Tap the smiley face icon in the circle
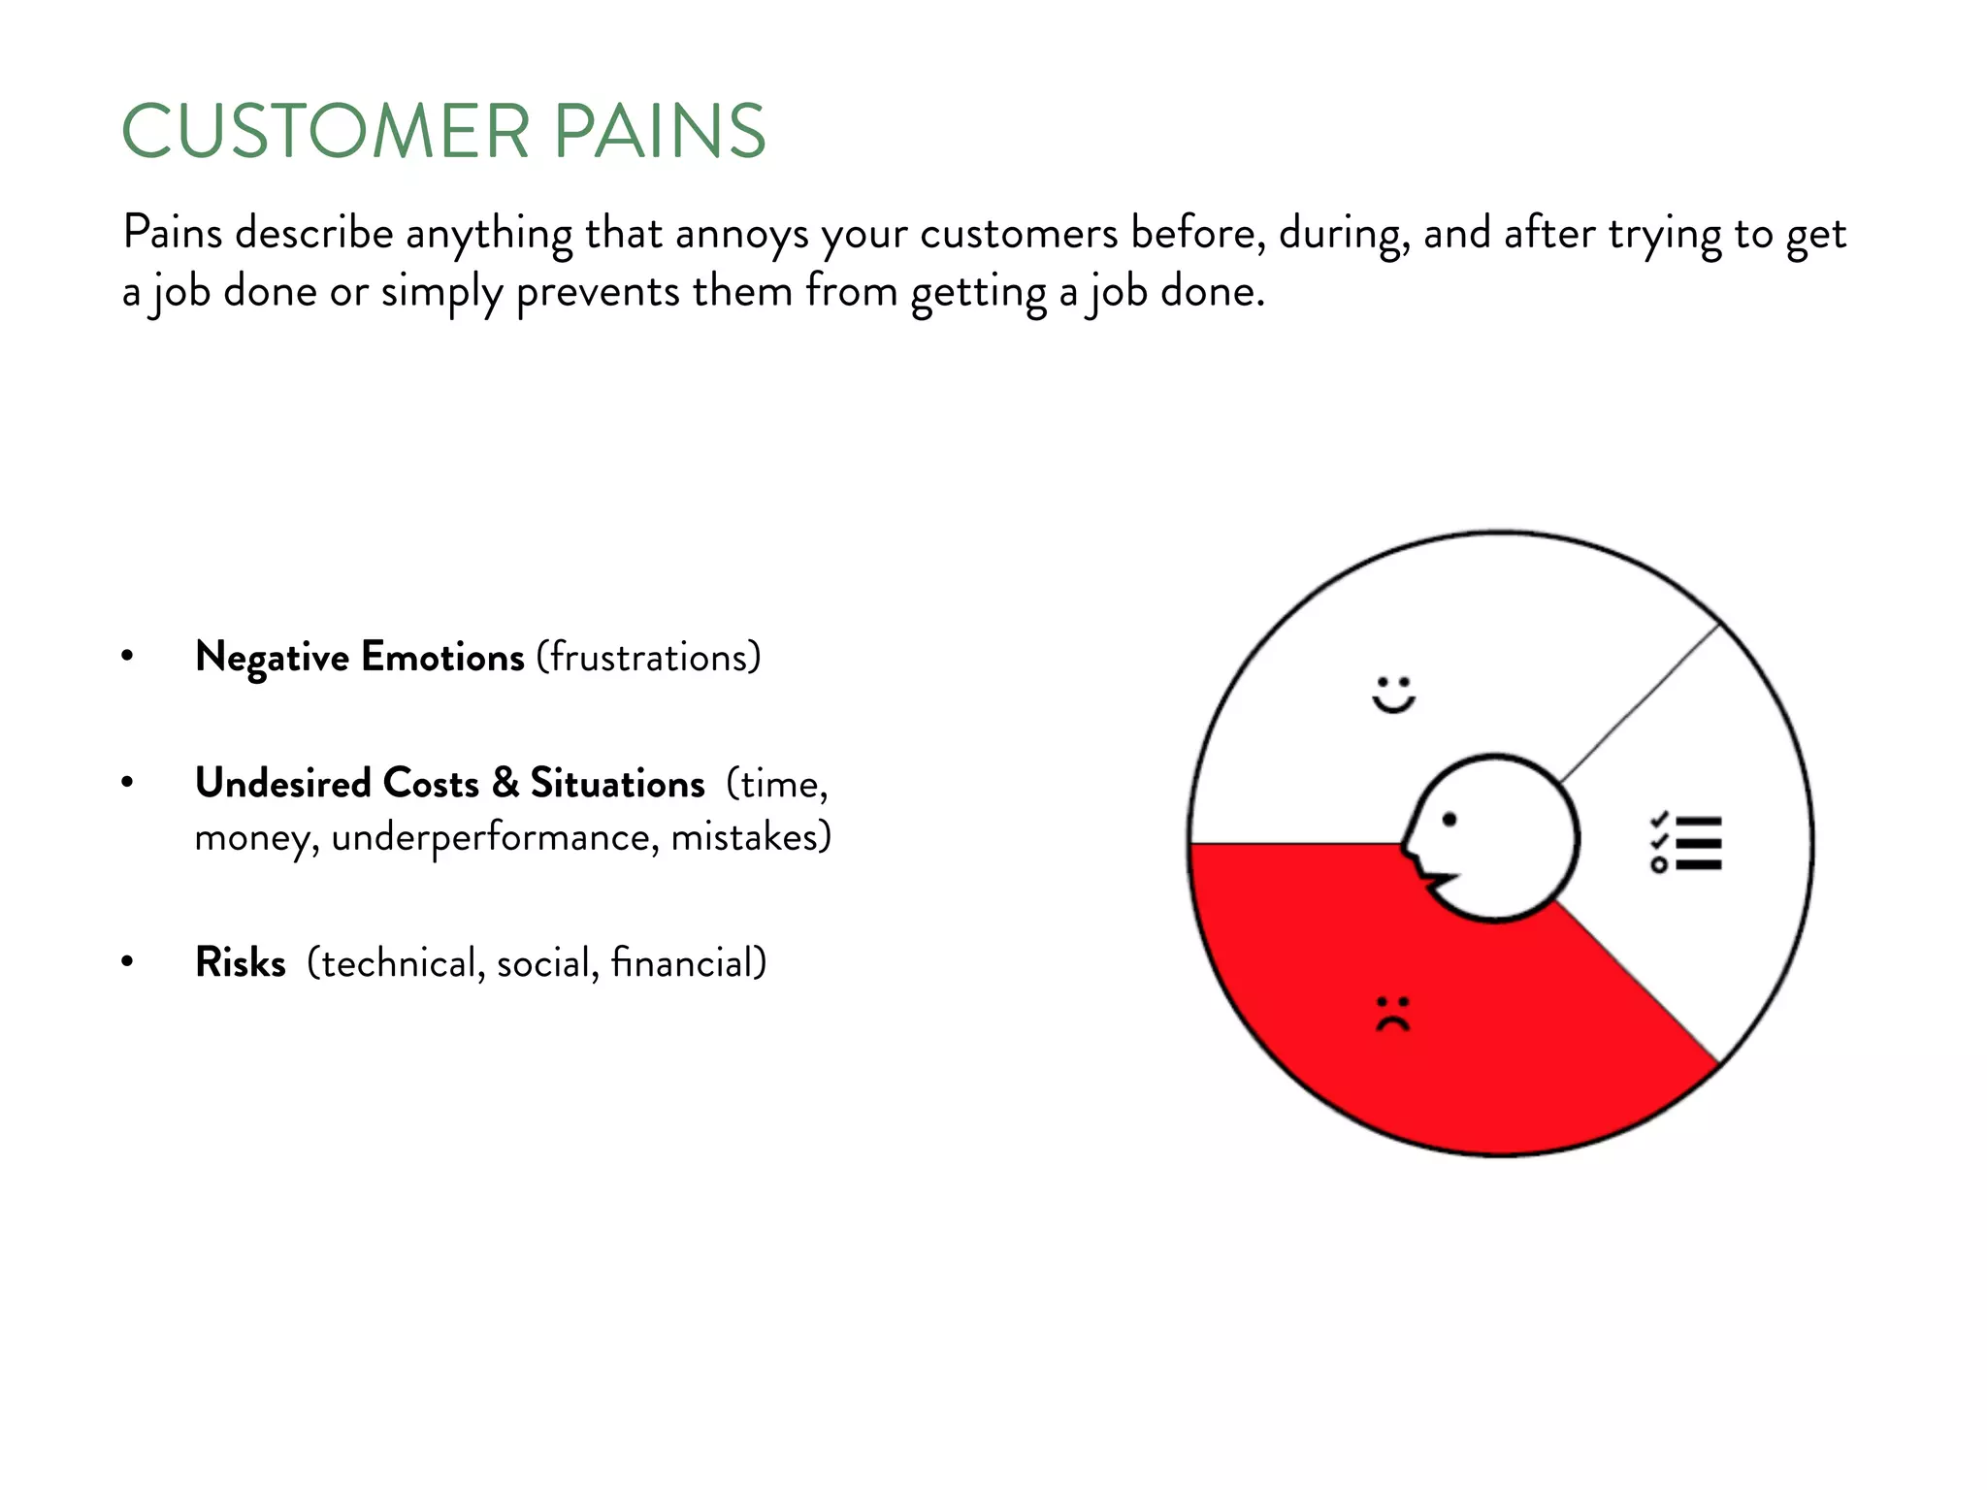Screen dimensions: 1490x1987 [1394, 695]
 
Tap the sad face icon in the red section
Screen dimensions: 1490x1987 [1393, 1015]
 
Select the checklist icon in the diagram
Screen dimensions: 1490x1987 [1686, 842]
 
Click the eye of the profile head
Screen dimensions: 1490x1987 [1450, 820]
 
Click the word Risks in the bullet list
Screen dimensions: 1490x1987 [241, 963]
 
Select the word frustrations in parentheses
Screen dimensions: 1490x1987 [648, 658]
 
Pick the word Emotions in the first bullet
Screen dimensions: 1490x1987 [442, 658]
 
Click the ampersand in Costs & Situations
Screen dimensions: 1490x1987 [505, 783]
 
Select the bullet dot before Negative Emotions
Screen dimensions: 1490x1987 [127, 657]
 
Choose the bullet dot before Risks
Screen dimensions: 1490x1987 [127, 962]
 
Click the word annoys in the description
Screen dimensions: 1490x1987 [741, 235]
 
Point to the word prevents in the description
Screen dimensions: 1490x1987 [598, 292]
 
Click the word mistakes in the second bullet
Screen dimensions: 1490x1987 [745, 837]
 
